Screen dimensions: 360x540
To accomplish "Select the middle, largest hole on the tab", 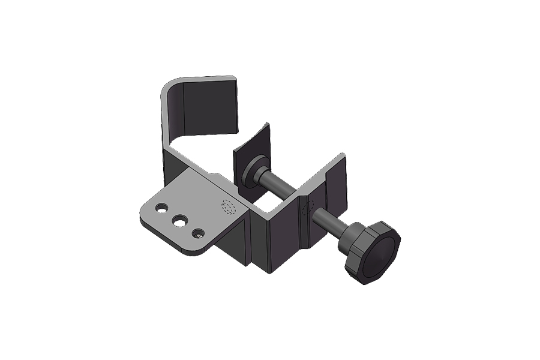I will tap(179, 221).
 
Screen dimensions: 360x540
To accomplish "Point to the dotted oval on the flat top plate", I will tap(229, 207).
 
